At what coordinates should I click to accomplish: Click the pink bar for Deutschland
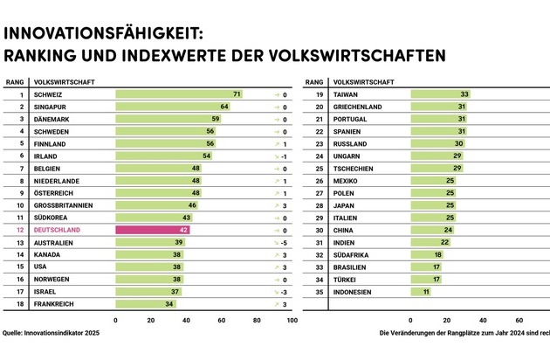154,230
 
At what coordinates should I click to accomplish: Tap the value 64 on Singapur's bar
223,106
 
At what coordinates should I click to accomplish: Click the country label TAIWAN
346,93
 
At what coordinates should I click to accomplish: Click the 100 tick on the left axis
292,320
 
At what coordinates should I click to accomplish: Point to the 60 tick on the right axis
519,320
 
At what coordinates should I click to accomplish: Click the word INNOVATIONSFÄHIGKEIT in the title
105,34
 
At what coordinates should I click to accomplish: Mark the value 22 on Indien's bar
444,242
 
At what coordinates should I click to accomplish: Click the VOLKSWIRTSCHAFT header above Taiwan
358,81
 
